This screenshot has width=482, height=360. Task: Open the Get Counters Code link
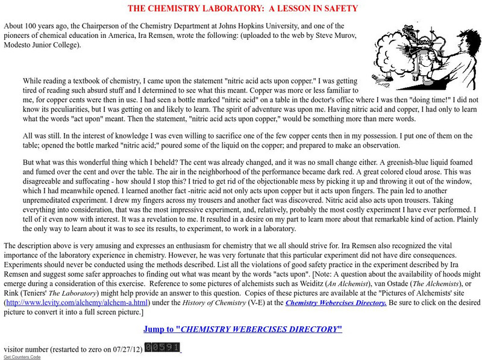pos(22,357)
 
